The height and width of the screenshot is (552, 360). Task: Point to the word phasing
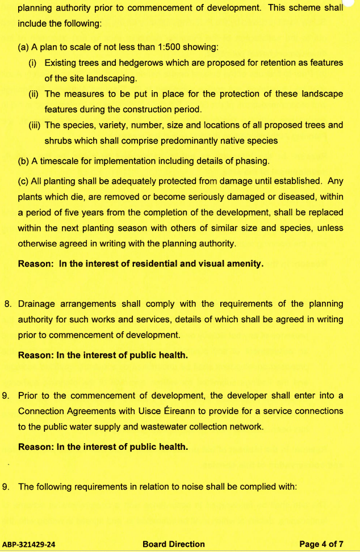[x=250, y=161]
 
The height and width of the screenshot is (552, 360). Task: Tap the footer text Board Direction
[x=174, y=545]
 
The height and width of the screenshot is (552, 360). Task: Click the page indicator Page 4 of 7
[x=321, y=545]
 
